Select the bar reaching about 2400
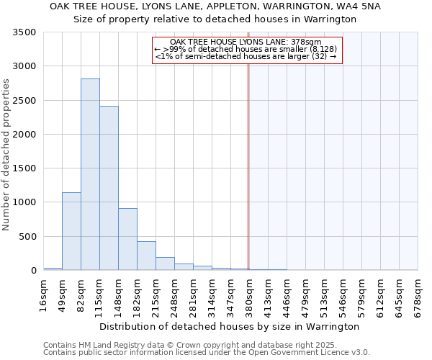(109, 188)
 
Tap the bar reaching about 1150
(71, 231)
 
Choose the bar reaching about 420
(146, 256)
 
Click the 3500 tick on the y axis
(26, 32)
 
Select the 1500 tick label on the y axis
(26, 168)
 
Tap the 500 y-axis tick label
(29, 236)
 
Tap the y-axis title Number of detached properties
(7, 156)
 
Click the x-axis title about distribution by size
(228, 326)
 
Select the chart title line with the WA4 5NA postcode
(215, 6)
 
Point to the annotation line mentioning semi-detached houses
(246, 55)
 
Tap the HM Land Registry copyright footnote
(190, 346)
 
